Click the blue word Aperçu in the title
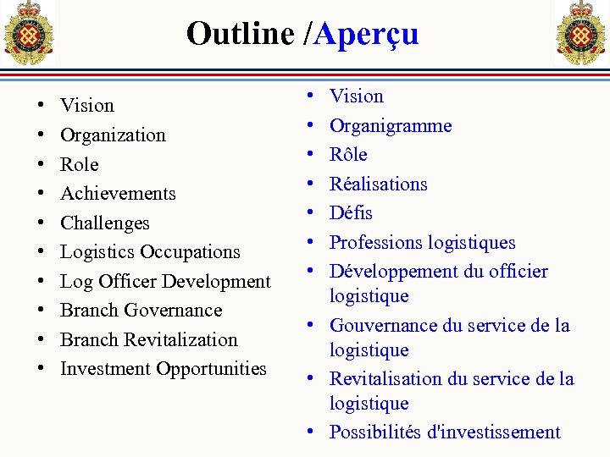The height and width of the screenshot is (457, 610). tap(366, 34)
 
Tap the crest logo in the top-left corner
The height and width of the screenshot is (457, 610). tap(29, 32)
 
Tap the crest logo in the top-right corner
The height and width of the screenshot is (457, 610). tap(580, 32)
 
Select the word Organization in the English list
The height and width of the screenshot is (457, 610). tap(113, 135)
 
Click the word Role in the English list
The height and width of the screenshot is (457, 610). tap(79, 164)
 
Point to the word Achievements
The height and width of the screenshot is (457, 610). tap(118, 193)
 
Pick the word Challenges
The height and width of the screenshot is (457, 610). tap(104, 223)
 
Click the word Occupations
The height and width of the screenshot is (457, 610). tap(190, 251)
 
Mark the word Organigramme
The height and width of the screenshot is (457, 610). tap(391, 126)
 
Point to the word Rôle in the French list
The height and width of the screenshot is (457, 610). tap(348, 154)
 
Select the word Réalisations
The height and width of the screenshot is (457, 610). tap(378, 184)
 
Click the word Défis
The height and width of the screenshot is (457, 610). tap(351, 212)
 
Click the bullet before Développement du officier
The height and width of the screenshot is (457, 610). tap(310, 272)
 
